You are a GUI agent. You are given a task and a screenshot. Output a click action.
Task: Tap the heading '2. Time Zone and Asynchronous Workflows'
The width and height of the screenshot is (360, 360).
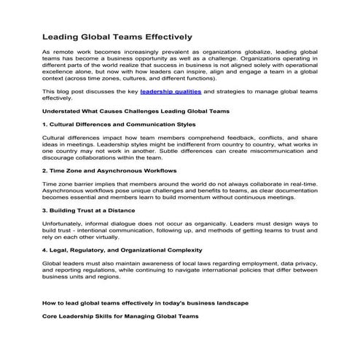pyautogui.click(x=109, y=170)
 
